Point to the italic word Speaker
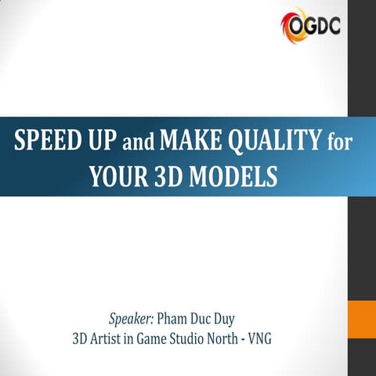click(131, 320)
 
